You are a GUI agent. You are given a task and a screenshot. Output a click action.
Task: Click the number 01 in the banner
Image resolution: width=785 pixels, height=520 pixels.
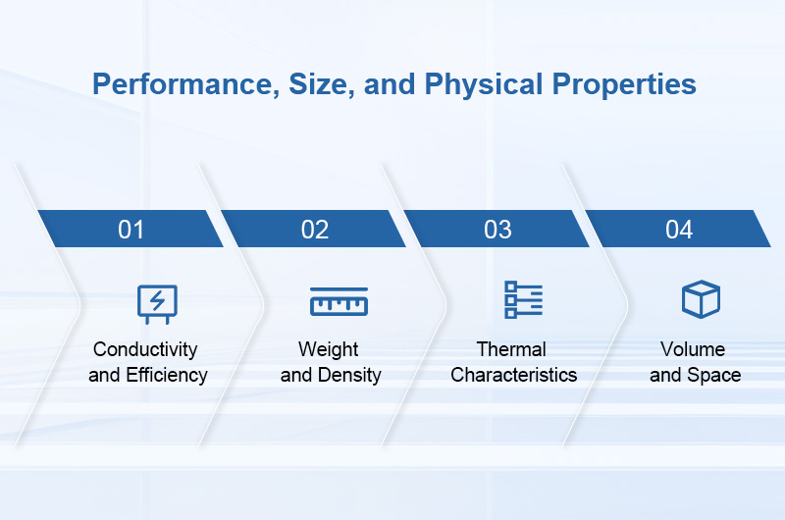tap(131, 230)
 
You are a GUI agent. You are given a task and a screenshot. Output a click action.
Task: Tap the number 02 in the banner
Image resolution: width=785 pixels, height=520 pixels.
tap(315, 230)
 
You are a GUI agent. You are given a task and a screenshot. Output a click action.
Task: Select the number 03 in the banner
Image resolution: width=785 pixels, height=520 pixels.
tap(497, 230)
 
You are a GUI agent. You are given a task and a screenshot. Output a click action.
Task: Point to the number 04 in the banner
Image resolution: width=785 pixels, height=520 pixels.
tap(679, 230)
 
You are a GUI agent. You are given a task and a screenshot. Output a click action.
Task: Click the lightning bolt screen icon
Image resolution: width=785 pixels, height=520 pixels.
tap(157, 303)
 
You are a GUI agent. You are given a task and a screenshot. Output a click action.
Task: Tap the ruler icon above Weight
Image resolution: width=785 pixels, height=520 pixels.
tap(339, 301)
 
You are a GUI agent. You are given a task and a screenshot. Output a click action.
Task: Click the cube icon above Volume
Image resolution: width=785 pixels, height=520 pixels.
tap(701, 299)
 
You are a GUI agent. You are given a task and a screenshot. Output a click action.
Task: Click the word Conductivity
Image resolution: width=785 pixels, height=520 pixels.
tap(145, 349)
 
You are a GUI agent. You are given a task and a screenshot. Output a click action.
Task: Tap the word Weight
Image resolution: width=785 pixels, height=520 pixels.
tap(329, 349)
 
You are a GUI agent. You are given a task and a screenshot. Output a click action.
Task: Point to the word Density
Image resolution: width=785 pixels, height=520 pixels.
tap(349, 375)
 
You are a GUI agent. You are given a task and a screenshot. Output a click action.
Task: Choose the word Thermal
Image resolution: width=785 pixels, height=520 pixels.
tap(511, 349)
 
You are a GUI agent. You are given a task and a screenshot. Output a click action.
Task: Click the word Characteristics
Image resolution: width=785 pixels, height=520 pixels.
tap(514, 375)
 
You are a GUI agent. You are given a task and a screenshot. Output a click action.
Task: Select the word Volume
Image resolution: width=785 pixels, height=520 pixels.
tap(693, 349)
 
